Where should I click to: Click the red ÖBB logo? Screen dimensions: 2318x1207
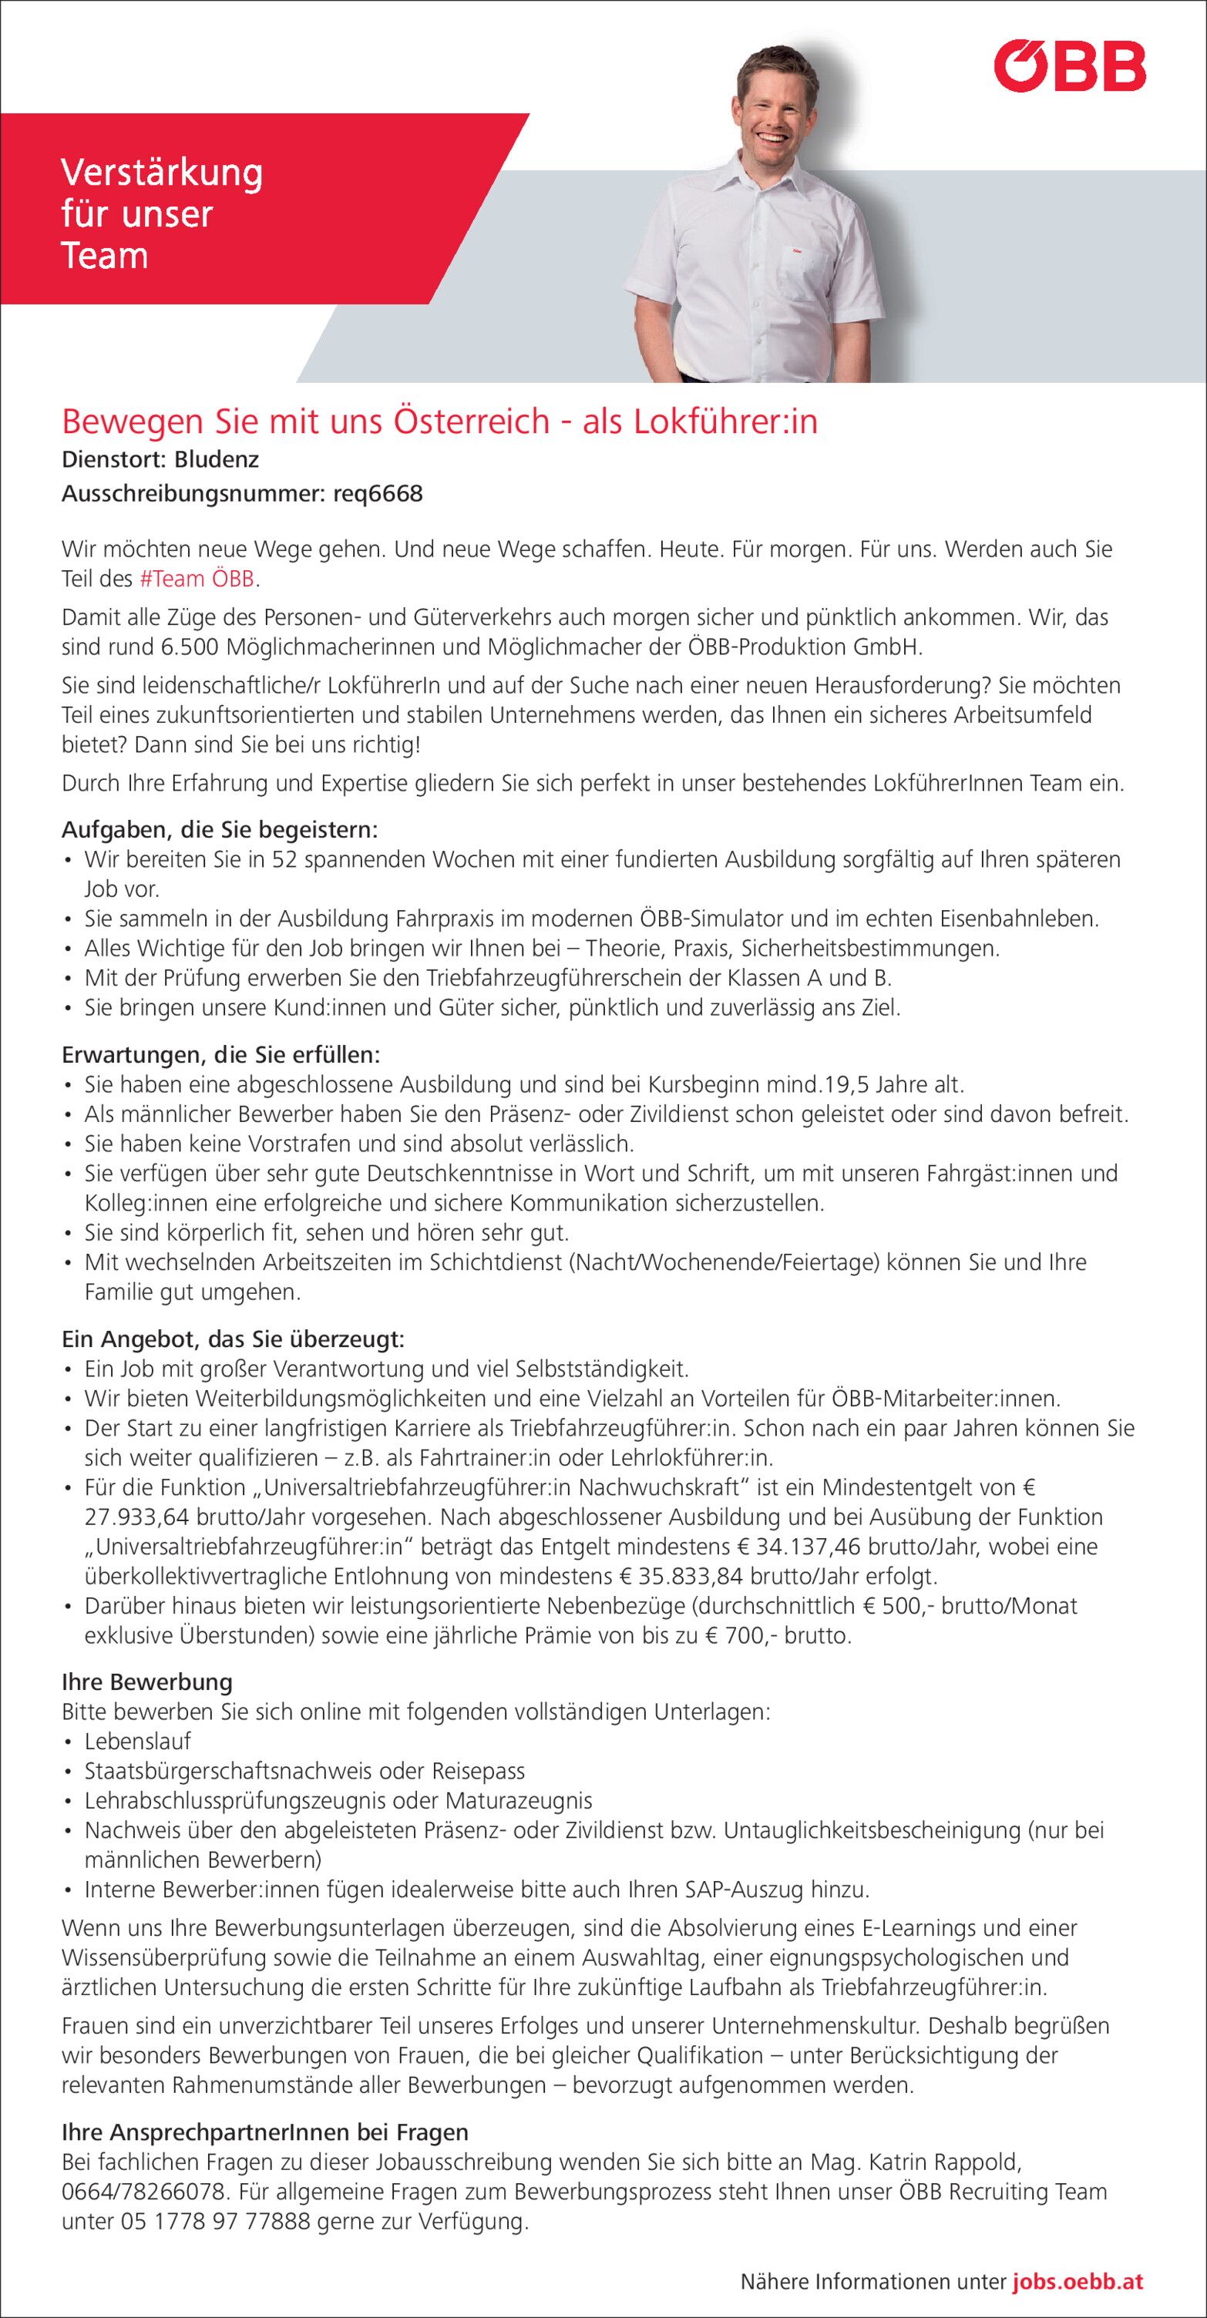pyautogui.click(x=1069, y=66)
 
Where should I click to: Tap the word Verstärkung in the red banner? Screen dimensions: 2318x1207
pyautogui.click(x=161, y=173)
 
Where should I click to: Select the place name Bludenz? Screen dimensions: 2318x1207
pyautogui.click(x=216, y=460)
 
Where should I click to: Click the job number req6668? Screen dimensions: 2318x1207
pyautogui.click(x=377, y=494)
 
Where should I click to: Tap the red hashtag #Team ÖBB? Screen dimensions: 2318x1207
pyautogui.click(x=198, y=579)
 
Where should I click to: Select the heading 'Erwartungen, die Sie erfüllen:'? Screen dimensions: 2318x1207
pyautogui.click(x=220, y=1053)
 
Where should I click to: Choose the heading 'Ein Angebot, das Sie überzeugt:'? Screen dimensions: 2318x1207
pyautogui.click(x=233, y=1339)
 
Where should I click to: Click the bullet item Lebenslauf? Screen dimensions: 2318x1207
pyautogui.click(x=138, y=1742)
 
